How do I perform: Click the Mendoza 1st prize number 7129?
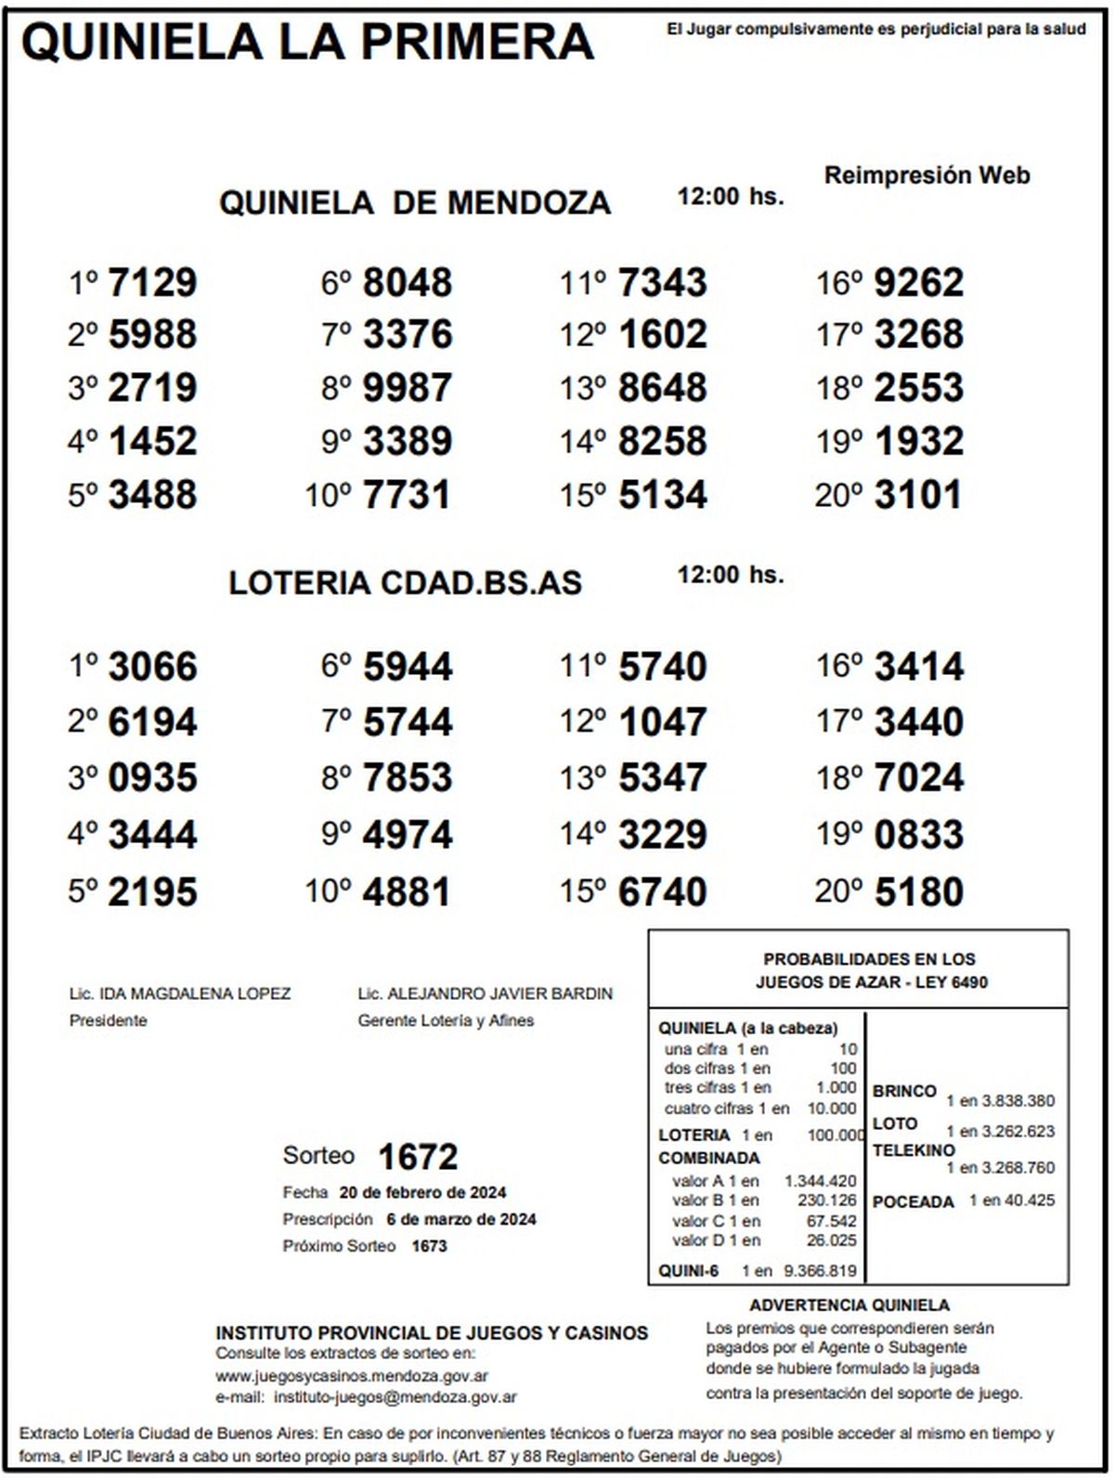point(152,282)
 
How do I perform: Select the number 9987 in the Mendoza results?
point(408,388)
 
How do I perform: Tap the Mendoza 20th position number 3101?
point(917,495)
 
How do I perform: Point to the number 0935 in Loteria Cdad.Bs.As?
point(152,778)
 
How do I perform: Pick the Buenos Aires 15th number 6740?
point(662,892)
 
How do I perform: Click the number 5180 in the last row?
point(919,892)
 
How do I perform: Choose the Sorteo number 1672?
point(418,1157)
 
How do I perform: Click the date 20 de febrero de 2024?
point(422,1193)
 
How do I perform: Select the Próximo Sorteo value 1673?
point(429,1246)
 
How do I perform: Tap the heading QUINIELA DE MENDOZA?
point(414,202)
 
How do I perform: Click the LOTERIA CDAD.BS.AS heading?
point(405,583)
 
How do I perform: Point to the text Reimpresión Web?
point(926,175)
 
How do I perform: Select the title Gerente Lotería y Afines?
point(446,1020)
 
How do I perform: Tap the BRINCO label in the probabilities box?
point(903,1091)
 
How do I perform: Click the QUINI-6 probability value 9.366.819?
point(820,1271)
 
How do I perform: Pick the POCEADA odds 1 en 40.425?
point(1011,1200)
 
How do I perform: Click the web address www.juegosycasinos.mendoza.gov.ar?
point(352,1376)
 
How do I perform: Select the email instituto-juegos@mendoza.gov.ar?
point(395,1396)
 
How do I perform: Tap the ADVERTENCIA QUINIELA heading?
point(849,1305)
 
